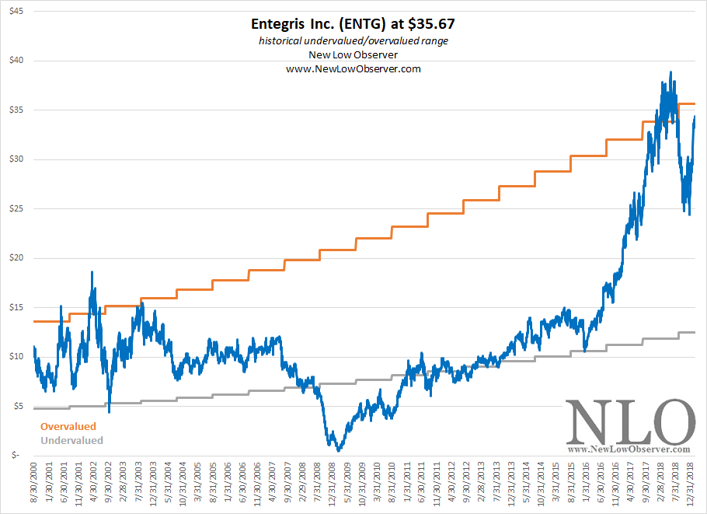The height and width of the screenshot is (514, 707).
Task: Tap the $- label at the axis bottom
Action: [x=17, y=456]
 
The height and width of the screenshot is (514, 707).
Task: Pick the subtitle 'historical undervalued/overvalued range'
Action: [x=353, y=41]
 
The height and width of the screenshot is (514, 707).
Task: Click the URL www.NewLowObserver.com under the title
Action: [x=353, y=69]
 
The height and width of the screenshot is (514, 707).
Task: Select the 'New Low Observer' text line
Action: [x=353, y=55]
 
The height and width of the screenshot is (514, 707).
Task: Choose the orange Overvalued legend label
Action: [x=68, y=427]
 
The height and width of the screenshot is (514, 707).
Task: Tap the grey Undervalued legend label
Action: [x=71, y=440]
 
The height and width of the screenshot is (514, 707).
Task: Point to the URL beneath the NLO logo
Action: [x=629, y=449]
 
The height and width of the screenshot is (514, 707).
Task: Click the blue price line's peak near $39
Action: [x=670, y=72]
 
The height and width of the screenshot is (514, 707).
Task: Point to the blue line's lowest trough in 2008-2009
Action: [x=338, y=450]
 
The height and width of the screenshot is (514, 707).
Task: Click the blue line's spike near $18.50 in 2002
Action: [x=92, y=272]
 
